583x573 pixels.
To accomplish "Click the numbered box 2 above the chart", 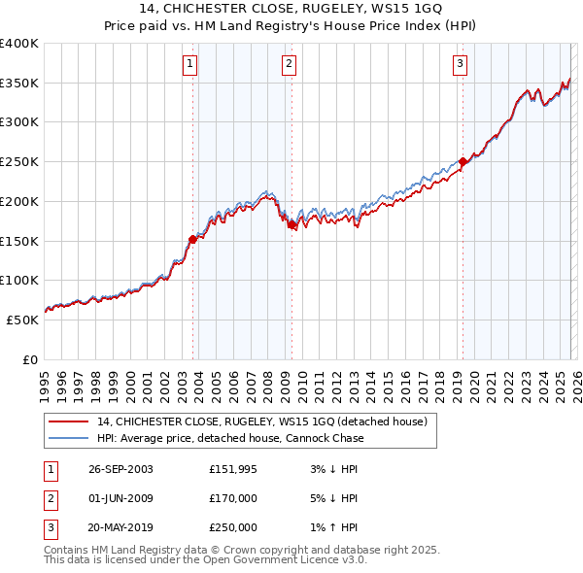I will pyautogui.click(x=290, y=65).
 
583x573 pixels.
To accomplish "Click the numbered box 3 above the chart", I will pyautogui.click(x=460, y=65).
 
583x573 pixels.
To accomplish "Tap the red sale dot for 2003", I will pyautogui.click(x=192, y=239).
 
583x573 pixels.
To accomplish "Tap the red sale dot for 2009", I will pyautogui.click(x=291, y=224).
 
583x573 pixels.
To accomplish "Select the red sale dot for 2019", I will pyautogui.click(x=463, y=162).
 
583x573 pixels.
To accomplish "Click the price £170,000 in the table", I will pyautogui.click(x=233, y=498).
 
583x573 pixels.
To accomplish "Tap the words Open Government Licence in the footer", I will pyautogui.click(x=281, y=560).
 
